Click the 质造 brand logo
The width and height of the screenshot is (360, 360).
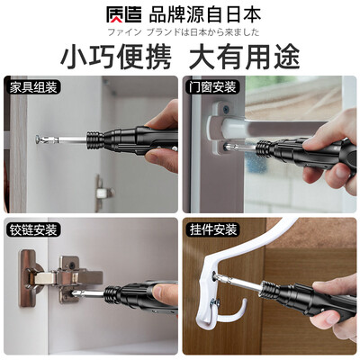click(x=123, y=14)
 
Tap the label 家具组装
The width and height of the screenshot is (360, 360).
click(x=33, y=87)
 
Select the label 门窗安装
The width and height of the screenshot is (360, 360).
click(x=212, y=87)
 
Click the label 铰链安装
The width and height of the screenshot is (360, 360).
click(x=33, y=230)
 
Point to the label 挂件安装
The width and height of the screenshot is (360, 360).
click(x=213, y=229)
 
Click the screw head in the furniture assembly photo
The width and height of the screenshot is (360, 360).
click(x=39, y=139)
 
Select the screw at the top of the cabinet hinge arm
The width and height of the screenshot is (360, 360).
click(x=72, y=265)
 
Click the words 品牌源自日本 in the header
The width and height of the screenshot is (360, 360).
click(x=205, y=14)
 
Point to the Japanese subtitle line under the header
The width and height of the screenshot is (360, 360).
click(x=183, y=31)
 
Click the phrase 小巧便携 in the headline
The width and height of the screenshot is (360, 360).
click(x=116, y=57)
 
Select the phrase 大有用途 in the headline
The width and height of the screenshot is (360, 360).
click(x=244, y=57)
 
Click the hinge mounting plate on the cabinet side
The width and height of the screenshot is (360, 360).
click(x=28, y=278)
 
